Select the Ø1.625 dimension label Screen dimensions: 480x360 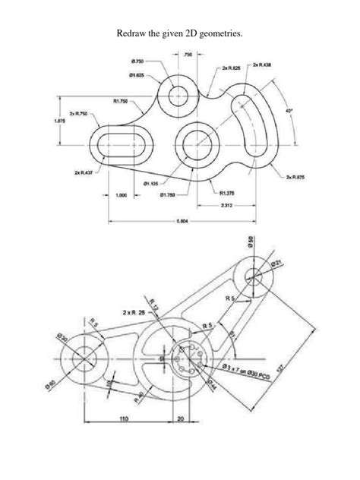[137, 74]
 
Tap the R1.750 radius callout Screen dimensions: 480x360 [121, 99]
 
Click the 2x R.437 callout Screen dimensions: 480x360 [82, 173]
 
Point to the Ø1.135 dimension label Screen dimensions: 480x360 [150, 182]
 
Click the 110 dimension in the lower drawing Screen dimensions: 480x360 [122, 418]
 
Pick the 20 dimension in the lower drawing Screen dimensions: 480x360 [179, 418]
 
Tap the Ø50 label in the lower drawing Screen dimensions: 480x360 [251, 245]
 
